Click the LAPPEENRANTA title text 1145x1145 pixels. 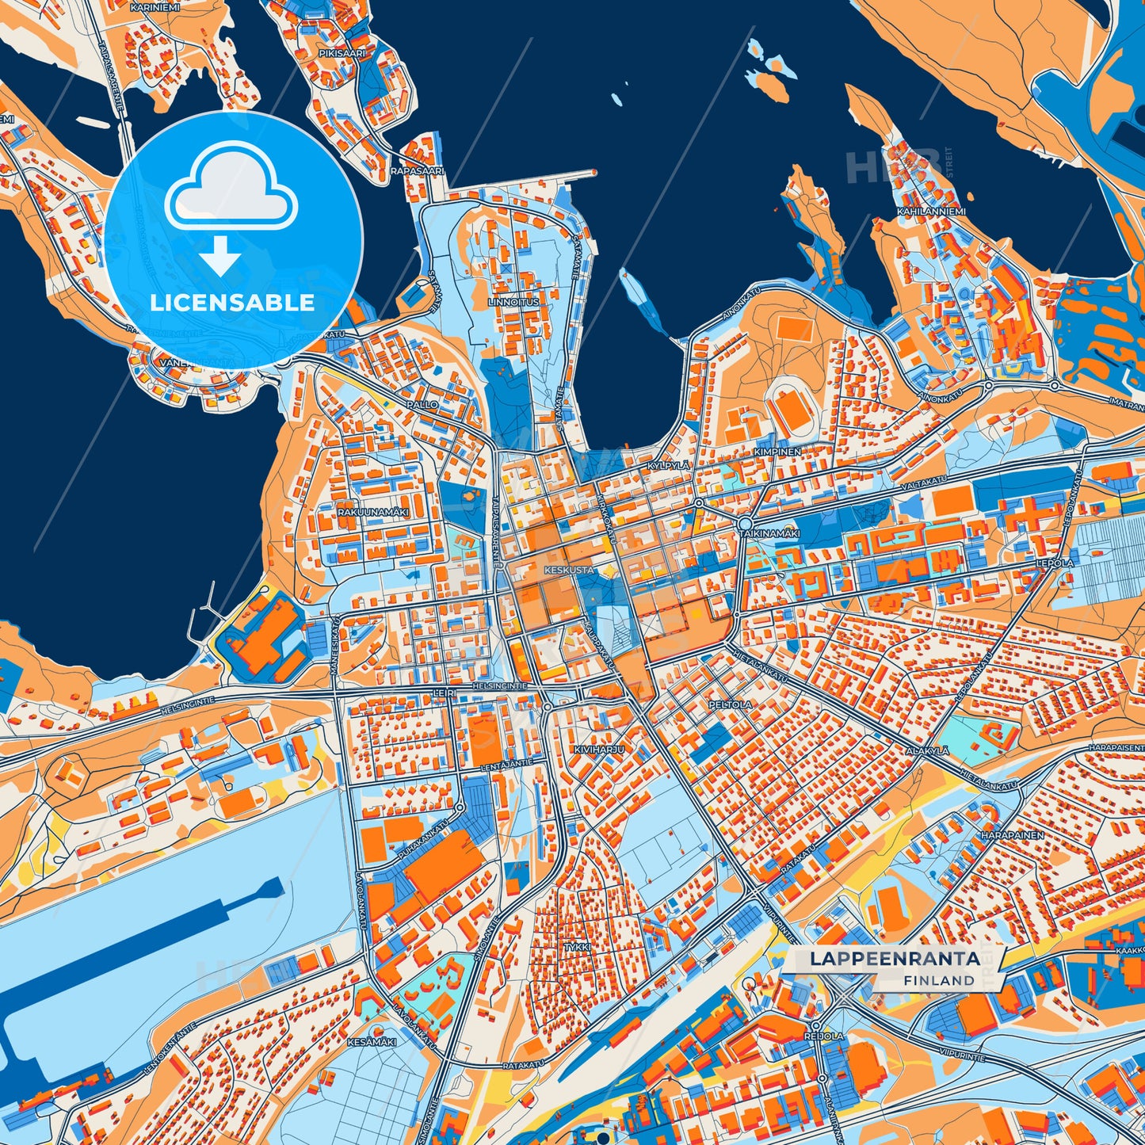click(x=895, y=959)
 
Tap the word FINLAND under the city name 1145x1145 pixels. click(x=938, y=980)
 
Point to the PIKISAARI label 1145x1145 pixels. click(x=342, y=53)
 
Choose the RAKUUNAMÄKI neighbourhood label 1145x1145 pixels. click(x=372, y=513)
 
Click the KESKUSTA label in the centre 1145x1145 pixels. click(x=569, y=570)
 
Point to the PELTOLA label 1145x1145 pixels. click(x=730, y=704)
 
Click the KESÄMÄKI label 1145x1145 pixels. click(x=370, y=1041)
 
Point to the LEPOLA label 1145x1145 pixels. click(x=1055, y=563)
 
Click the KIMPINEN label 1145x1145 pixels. click(x=777, y=451)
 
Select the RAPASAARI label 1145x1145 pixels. click(x=418, y=170)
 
